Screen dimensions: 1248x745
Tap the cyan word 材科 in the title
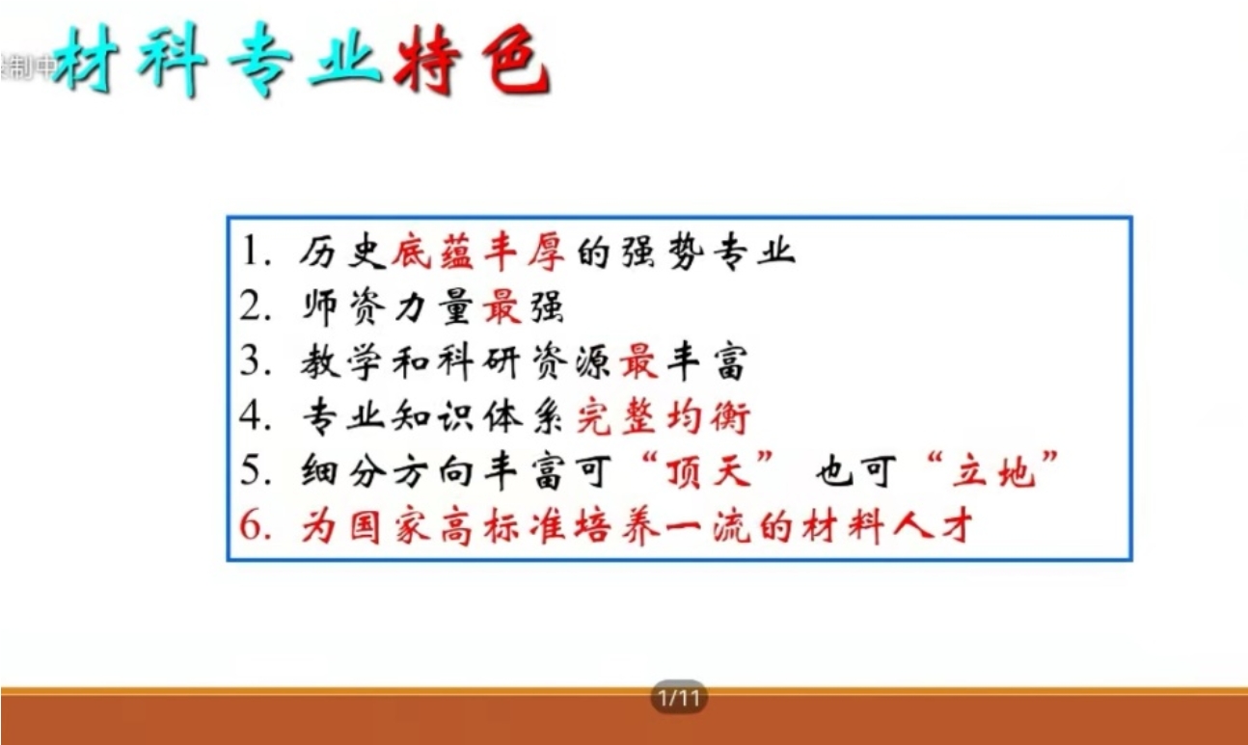(x=130, y=60)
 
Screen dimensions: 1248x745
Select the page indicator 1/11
(x=679, y=698)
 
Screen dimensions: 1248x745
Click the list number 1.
(x=256, y=252)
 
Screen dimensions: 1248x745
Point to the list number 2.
(x=256, y=306)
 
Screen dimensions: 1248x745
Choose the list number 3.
(x=256, y=361)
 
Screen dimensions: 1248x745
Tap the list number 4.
(x=256, y=416)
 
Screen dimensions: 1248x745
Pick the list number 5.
(x=256, y=471)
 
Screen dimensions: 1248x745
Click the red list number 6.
(x=256, y=525)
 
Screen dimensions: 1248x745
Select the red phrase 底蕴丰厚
(x=478, y=253)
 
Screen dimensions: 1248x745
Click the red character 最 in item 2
(x=502, y=306)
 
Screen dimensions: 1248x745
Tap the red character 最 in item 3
(x=639, y=362)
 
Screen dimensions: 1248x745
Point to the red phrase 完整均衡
(x=664, y=417)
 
